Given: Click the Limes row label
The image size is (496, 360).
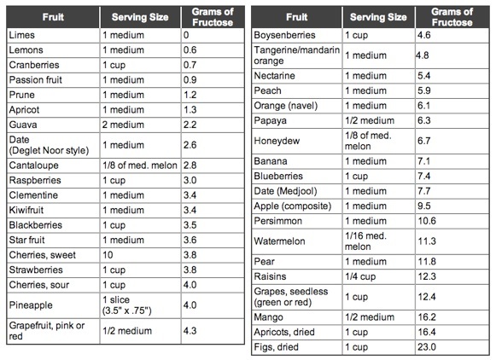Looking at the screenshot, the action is [x=22, y=35].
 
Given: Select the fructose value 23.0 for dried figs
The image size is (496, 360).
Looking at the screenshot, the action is [x=427, y=347].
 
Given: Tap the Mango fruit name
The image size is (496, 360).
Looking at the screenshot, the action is [x=268, y=317].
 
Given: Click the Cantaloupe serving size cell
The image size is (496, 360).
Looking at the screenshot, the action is [x=140, y=165].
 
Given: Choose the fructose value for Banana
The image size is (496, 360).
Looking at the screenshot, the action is [x=424, y=161].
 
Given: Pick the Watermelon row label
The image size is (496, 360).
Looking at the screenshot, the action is [x=279, y=241].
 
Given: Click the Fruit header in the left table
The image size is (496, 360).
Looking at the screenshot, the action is [x=53, y=17].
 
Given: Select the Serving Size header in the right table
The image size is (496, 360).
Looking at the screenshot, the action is [x=378, y=17].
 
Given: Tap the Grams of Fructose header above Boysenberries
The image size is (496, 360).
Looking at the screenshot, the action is [x=452, y=17].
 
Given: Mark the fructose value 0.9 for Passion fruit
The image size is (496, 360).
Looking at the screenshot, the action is [x=190, y=79].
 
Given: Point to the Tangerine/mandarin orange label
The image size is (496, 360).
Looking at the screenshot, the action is [x=297, y=55].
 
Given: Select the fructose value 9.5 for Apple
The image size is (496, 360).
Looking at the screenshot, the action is [x=424, y=206].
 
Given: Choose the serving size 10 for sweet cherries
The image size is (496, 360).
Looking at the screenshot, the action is [x=108, y=255].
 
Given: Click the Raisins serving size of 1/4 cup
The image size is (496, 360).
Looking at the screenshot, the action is [x=360, y=276].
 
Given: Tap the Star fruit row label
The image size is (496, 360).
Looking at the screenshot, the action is [x=26, y=240].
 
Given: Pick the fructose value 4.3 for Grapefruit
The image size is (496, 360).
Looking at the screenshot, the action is [x=190, y=331].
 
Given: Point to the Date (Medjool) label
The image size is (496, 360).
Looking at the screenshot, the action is [x=285, y=191].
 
